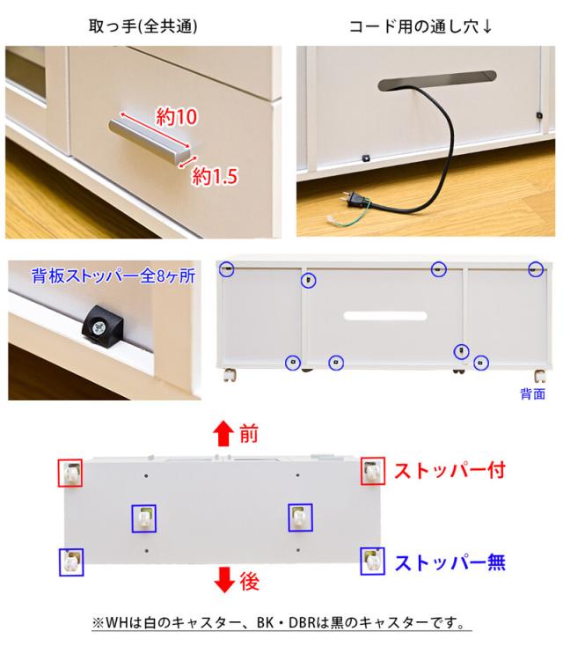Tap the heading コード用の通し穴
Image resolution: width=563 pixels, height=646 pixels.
pos(420,25)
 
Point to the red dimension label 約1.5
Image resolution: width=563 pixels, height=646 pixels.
pos(216,176)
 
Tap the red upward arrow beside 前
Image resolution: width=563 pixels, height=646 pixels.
pos(223,434)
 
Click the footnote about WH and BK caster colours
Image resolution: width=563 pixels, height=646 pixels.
pos(281,623)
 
